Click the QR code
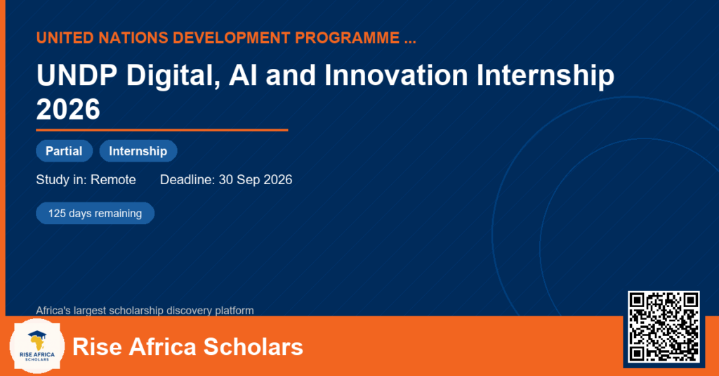[664, 327]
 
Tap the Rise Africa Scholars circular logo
[37, 346]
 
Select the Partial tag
[64, 151]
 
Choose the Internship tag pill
[138, 151]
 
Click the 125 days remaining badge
[95, 214]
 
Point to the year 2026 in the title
[68, 109]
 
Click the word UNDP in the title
[77, 75]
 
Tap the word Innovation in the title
[396, 75]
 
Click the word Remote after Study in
[113, 179]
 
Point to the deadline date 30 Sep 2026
[256, 179]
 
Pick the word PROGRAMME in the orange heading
[347, 38]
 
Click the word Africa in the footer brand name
[162, 346]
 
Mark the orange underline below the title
[162, 131]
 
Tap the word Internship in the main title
[546, 76]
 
